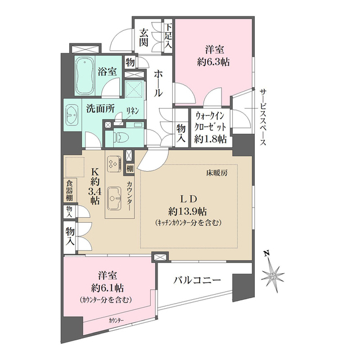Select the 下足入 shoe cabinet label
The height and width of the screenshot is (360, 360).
(x=168, y=36)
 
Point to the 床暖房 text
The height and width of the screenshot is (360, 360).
(x=216, y=173)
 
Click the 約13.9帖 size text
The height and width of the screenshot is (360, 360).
(x=187, y=211)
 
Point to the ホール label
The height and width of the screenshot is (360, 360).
(x=159, y=84)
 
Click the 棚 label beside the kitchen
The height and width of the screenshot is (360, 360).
(x=130, y=167)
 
